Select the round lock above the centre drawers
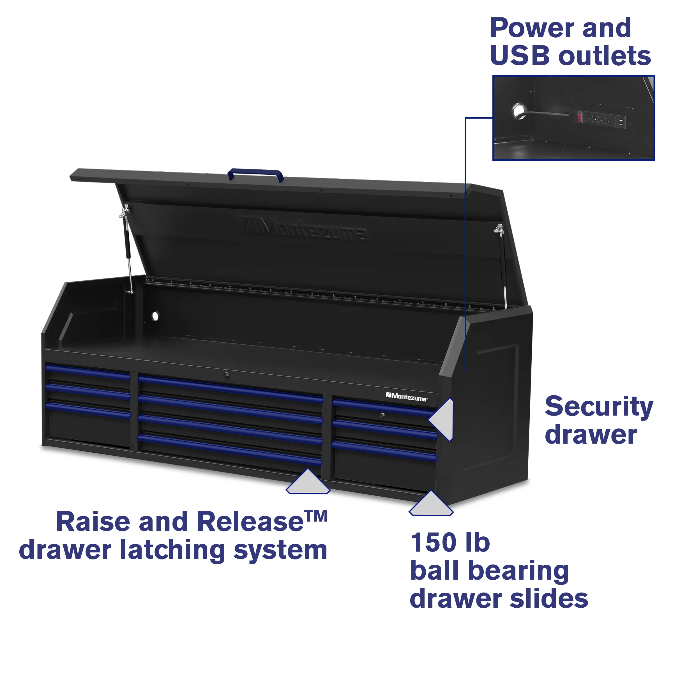pos(227,375)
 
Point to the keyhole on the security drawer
pos(382,415)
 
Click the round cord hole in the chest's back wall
pos(155,316)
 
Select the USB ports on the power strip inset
pos(620,122)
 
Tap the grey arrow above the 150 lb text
pos(431,504)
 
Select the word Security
pos(599,407)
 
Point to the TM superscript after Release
pos(316,516)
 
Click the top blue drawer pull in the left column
pos(87,371)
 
